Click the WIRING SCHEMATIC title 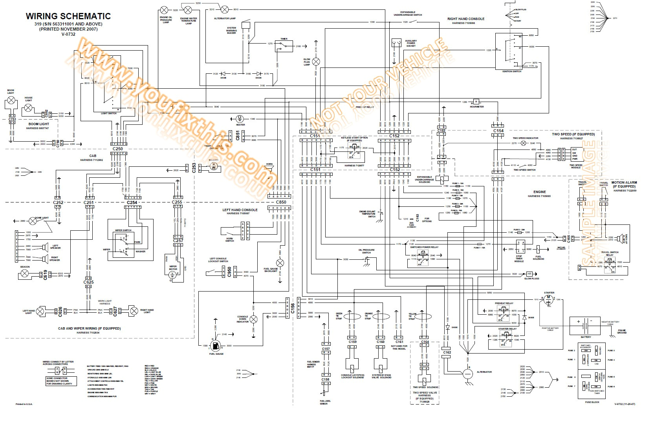68,16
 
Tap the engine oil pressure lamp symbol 164,10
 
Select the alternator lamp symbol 225,9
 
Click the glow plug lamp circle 316,62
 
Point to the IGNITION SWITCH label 511,71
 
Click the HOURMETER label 476,107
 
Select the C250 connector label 117,149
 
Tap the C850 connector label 281,202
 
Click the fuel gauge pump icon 216,346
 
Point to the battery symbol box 585,326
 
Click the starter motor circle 549,300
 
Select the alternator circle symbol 467,374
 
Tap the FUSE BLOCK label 592,402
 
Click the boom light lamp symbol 12,100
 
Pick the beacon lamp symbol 25,273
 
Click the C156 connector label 293,308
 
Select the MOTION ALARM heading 624,182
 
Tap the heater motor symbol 240,119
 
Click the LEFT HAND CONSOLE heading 240,210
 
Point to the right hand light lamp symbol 134,311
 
